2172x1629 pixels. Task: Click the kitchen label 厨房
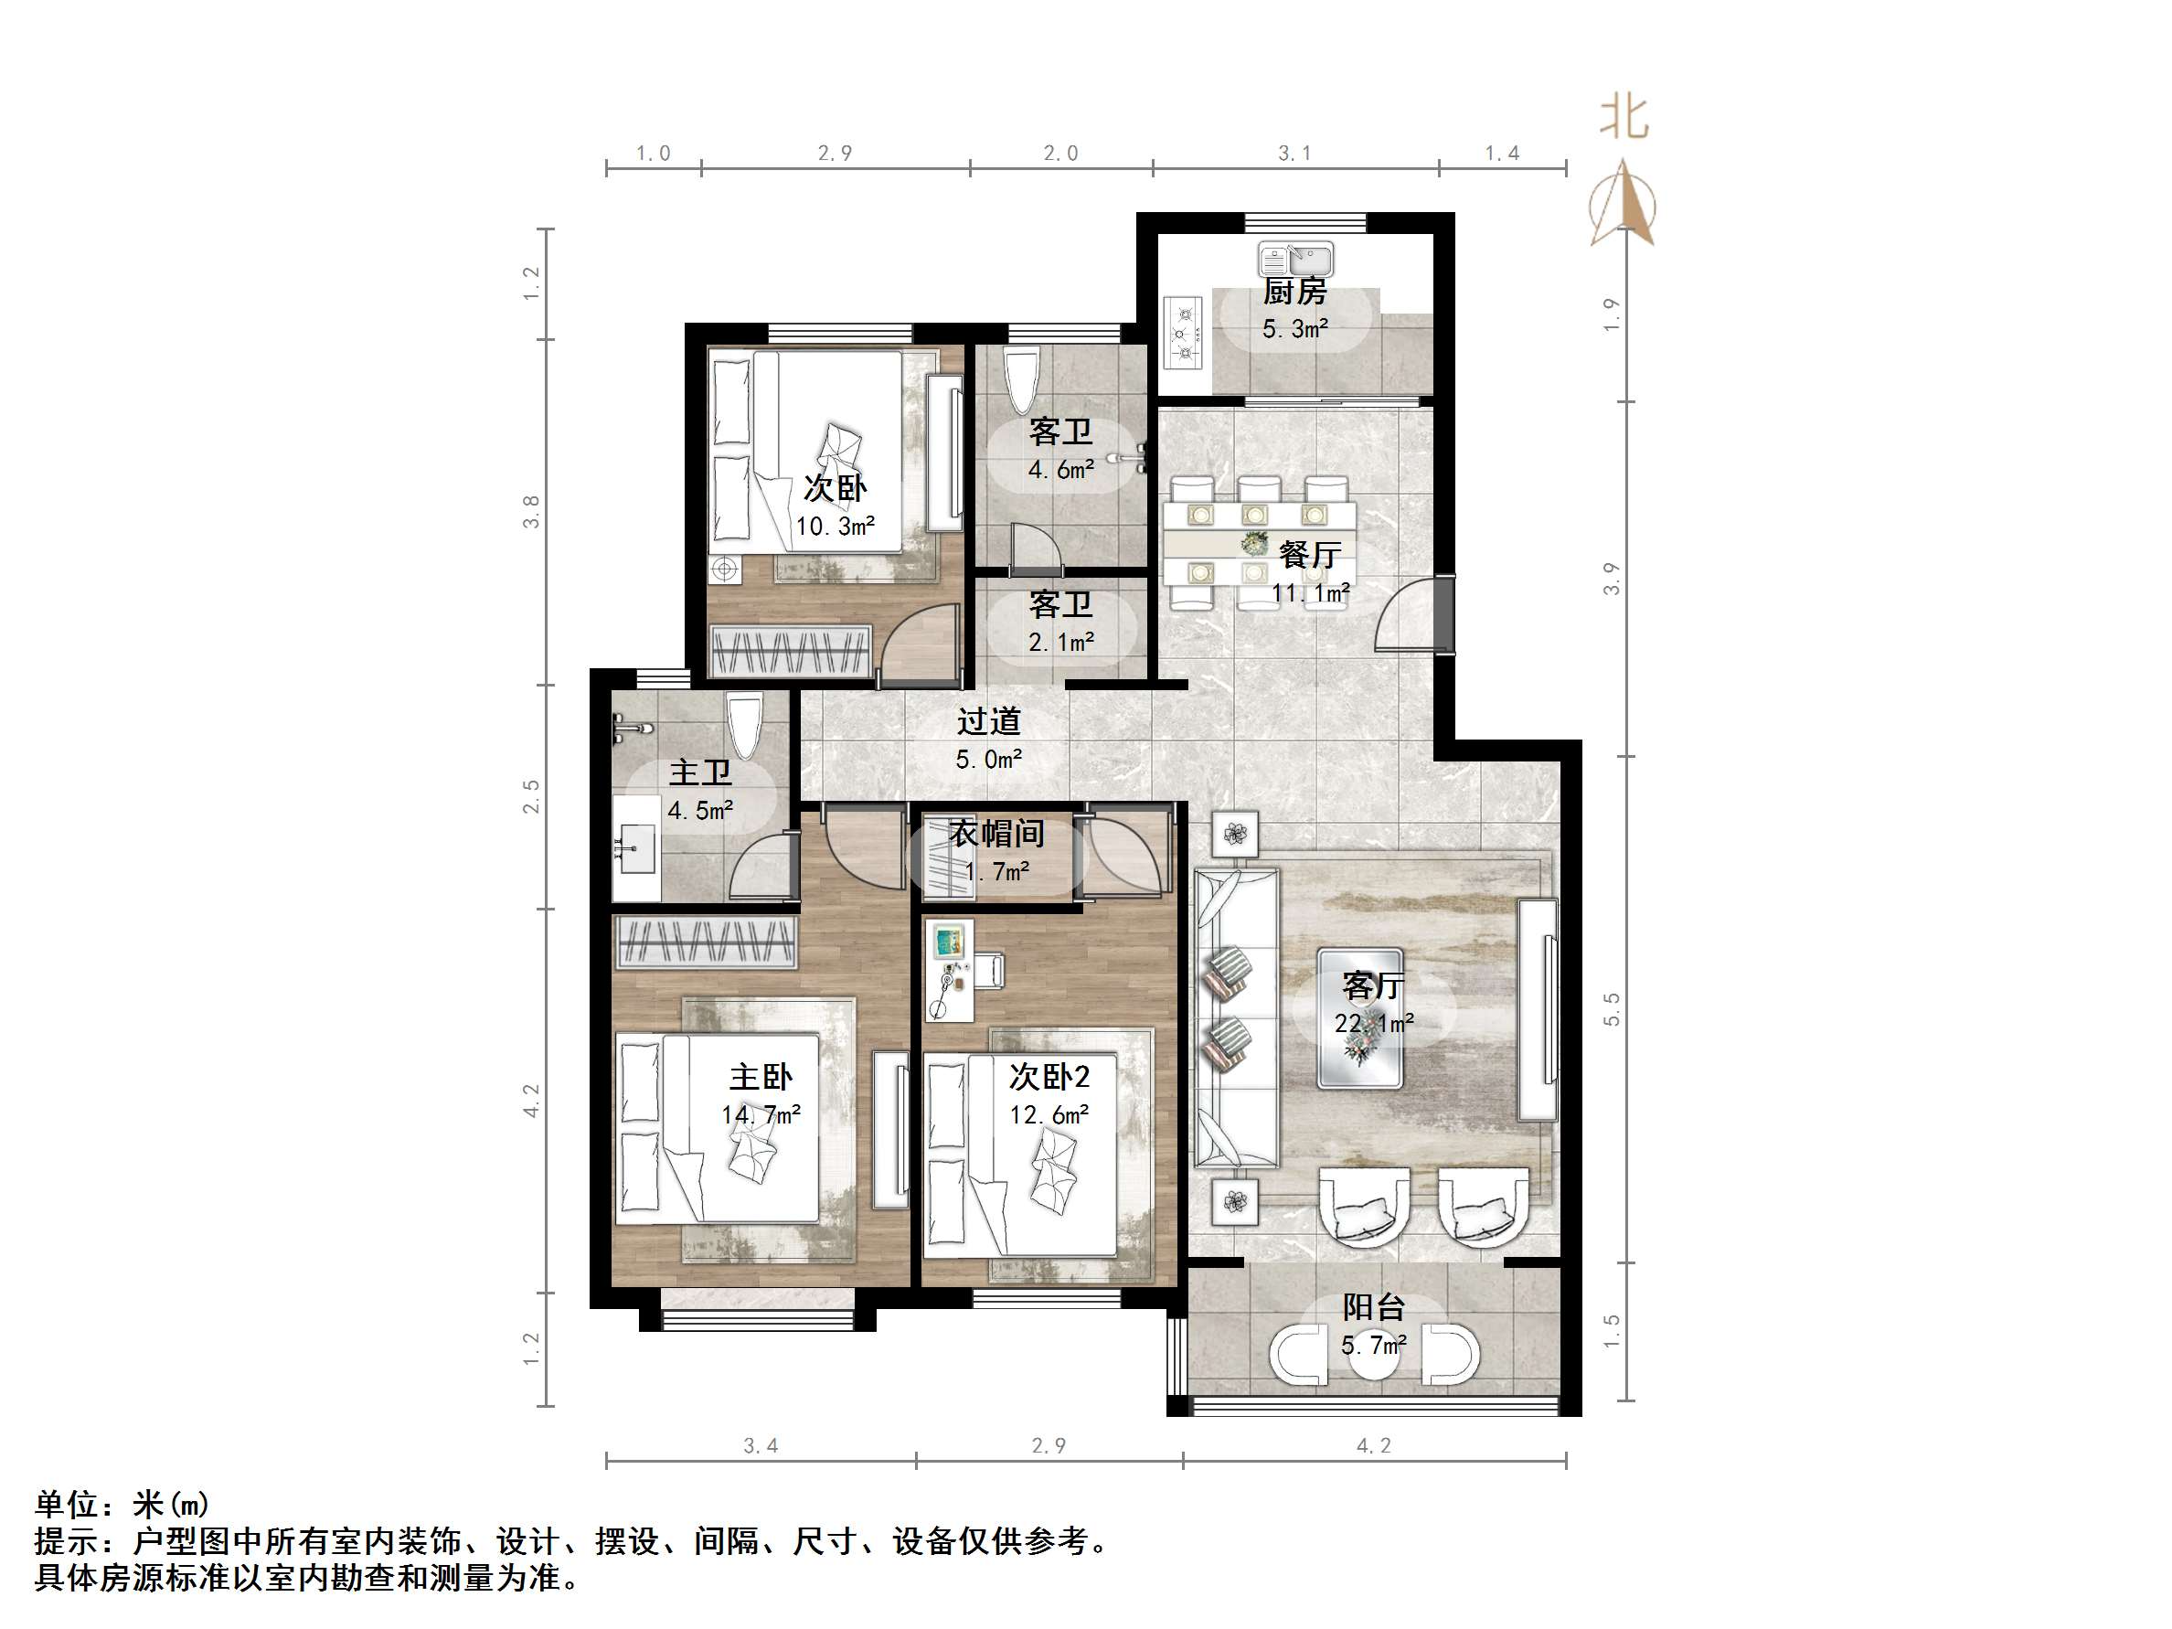(1294, 292)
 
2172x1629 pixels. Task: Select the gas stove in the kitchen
(1183, 333)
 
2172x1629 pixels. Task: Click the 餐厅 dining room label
(1310, 555)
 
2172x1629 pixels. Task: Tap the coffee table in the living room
(1360, 1018)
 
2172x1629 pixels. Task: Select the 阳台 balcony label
(1373, 1308)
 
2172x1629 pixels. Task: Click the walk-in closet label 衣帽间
(996, 834)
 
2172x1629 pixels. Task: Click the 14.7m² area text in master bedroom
(761, 1115)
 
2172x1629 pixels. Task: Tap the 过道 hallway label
(989, 721)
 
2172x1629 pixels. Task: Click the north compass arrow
(1624, 207)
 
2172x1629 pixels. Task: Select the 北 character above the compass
(1624, 117)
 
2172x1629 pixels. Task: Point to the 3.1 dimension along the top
(1294, 154)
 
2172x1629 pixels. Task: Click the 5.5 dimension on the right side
(1612, 1009)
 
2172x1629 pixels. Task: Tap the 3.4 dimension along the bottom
(760, 1445)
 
